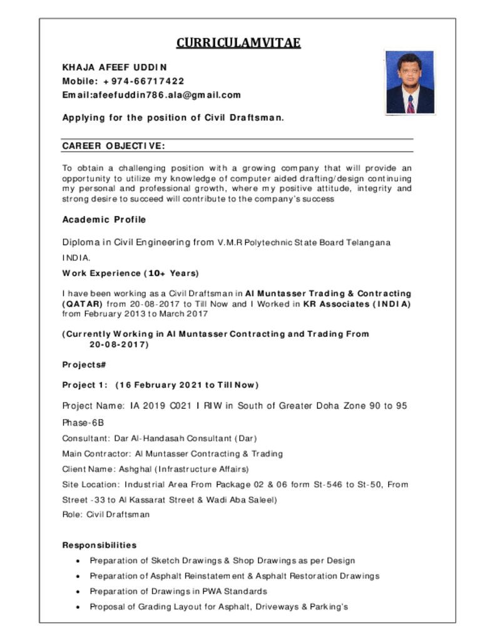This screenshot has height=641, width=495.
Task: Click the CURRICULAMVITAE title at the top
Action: click(x=238, y=43)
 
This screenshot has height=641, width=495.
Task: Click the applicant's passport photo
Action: click(x=410, y=82)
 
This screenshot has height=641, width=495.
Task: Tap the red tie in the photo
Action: click(x=411, y=103)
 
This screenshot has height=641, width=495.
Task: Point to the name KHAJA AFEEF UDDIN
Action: click(x=115, y=66)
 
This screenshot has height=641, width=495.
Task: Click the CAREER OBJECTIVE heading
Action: click(x=113, y=146)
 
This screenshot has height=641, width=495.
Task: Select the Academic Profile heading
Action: click(x=104, y=220)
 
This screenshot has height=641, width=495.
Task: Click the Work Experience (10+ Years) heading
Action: click(x=130, y=273)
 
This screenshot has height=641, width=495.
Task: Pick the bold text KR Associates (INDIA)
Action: click(x=357, y=304)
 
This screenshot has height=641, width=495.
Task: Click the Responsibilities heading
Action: click(x=99, y=545)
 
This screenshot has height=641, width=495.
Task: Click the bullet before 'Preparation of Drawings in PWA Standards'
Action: click(x=77, y=592)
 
